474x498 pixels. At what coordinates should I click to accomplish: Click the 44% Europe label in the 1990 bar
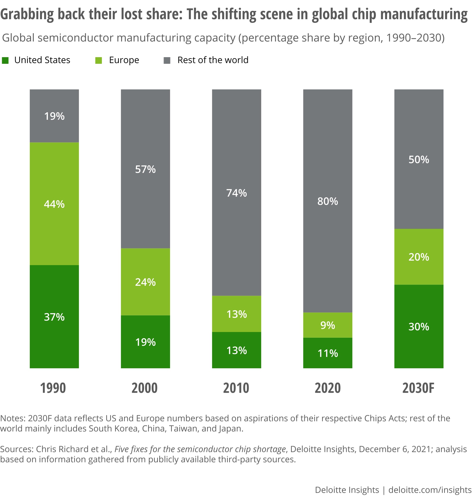(54, 204)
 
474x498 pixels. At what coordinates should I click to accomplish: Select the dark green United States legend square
(5, 60)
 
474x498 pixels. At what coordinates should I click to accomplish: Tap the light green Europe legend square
(99, 60)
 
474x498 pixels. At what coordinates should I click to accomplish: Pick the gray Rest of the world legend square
(167, 60)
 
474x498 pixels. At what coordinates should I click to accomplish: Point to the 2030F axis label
(418, 388)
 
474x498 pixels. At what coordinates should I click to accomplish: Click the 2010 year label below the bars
(236, 388)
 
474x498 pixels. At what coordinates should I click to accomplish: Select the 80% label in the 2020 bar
(328, 201)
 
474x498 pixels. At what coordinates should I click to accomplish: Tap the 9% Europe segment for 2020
(328, 325)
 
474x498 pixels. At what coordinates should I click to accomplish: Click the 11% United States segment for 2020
(328, 353)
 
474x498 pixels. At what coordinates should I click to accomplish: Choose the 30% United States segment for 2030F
(419, 327)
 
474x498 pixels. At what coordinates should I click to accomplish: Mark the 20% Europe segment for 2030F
(419, 257)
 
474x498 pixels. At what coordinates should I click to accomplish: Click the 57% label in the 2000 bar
(145, 169)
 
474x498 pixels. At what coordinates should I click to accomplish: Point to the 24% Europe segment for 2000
(145, 282)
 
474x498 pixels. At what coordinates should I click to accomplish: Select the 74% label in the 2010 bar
(237, 193)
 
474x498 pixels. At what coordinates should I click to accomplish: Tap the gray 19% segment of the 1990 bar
(54, 116)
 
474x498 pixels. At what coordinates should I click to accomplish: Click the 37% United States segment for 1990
(54, 317)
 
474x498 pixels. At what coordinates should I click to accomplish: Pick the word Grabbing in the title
(27, 14)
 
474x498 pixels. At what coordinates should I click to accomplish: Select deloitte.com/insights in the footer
(430, 490)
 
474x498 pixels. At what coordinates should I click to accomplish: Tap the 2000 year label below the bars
(145, 388)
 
